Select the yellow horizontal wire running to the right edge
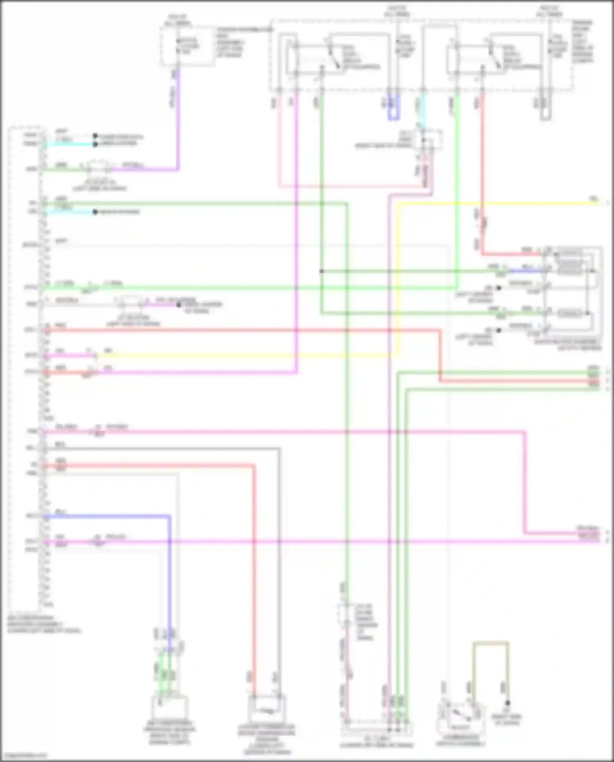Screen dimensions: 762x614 [491, 204]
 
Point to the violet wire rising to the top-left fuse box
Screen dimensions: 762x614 [178, 123]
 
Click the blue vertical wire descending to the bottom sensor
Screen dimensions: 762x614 [169, 573]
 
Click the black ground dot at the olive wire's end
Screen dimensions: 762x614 [508, 703]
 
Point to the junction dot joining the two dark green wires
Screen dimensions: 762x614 [322, 271]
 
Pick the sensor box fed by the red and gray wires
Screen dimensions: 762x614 [266, 710]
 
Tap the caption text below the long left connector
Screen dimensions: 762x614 [43, 624]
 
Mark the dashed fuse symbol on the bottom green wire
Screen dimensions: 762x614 [346, 614]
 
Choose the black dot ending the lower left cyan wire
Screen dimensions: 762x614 [95, 212]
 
